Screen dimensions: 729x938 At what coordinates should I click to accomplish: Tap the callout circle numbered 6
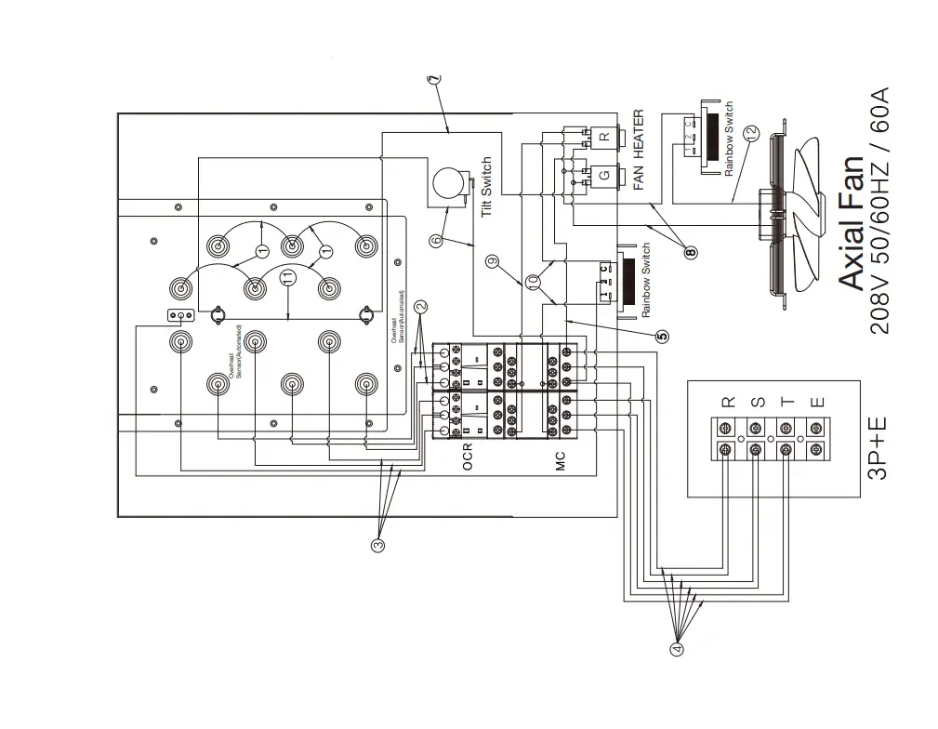point(436,241)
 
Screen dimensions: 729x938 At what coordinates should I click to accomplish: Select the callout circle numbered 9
point(493,261)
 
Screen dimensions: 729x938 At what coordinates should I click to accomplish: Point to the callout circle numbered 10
point(533,281)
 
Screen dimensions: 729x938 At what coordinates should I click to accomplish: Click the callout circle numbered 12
point(751,132)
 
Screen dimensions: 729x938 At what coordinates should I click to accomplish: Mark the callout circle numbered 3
point(377,546)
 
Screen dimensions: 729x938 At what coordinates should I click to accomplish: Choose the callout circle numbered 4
point(677,648)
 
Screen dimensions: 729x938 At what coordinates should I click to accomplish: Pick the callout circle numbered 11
point(288,276)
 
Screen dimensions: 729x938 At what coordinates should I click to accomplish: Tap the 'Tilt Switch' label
point(486,188)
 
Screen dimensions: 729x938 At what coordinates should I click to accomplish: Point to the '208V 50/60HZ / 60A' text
point(879,210)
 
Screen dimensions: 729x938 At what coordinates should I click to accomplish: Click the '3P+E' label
point(877,448)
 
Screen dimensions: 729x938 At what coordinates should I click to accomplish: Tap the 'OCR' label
point(468,457)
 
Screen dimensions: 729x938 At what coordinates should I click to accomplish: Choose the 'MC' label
point(560,459)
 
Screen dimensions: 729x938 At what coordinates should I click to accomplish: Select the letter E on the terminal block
point(816,403)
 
